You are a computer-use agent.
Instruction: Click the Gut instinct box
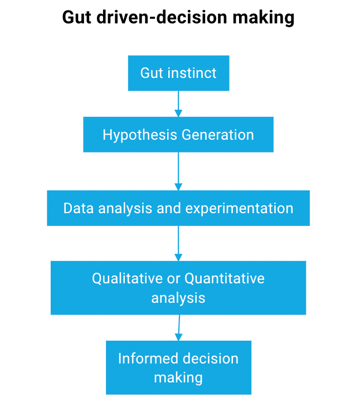[x=178, y=73]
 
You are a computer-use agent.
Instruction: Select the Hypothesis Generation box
[x=178, y=134]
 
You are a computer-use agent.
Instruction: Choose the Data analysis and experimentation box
[x=178, y=208]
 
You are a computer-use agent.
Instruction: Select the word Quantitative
[x=225, y=278]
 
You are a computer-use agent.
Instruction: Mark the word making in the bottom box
[x=178, y=377]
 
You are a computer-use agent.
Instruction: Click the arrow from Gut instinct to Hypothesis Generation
[x=178, y=104]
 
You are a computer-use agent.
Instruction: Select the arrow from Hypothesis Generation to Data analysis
[x=178, y=171]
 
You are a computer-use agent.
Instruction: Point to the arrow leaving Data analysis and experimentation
[x=178, y=243]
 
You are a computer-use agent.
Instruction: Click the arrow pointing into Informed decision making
[x=179, y=328]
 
